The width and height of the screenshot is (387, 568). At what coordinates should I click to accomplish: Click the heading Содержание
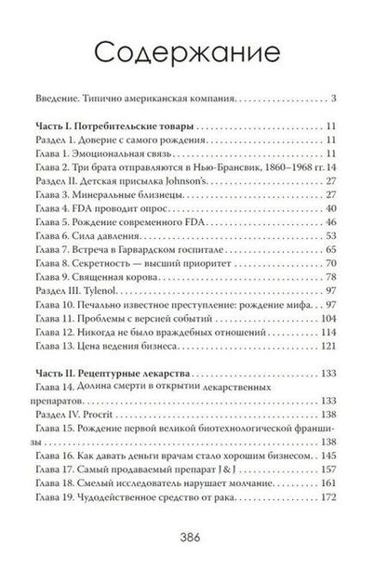tap(193, 49)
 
